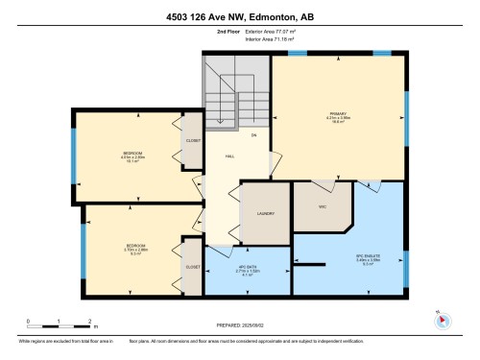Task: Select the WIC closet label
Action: (x=323, y=205)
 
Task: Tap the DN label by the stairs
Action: (x=253, y=136)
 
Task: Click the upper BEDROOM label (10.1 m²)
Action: (x=132, y=155)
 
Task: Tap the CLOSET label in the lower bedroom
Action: (x=192, y=267)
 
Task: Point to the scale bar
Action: (x=59, y=324)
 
